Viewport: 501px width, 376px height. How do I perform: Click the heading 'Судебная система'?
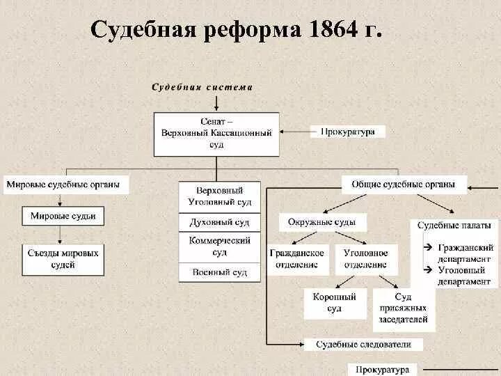tap(202, 88)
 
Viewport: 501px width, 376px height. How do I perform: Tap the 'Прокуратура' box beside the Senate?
tap(348, 131)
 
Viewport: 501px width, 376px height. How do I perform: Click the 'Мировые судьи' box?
tap(63, 217)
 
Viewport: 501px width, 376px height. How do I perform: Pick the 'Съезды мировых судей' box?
tap(64, 258)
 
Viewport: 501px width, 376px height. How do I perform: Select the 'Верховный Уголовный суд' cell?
tap(220, 196)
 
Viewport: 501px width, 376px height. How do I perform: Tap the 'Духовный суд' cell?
tap(220, 223)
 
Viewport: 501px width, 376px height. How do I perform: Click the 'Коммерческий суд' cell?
tap(220, 246)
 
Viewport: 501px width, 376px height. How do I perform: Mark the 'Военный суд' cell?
tap(220, 272)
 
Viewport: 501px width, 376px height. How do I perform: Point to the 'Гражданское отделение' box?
tap(298, 258)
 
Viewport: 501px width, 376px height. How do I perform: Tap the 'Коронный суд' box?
tap(335, 303)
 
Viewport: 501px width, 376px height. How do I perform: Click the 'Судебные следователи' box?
tap(364, 344)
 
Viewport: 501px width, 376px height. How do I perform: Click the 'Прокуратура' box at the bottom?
tap(382, 369)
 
